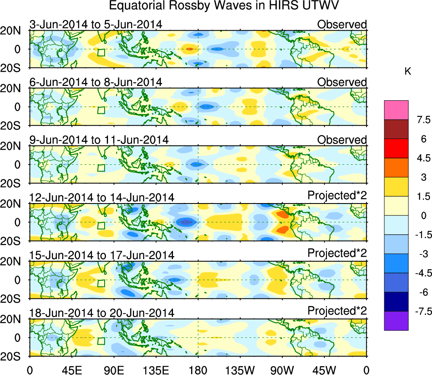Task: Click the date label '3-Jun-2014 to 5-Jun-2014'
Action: pyautogui.click(x=96, y=24)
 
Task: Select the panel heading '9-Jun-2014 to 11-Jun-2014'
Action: pyautogui.click(x=99, y=139)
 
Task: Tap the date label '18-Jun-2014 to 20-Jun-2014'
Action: pyautogui.click(x=102, y=313)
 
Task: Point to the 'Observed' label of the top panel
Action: pyautogui.click(x=342, y=24)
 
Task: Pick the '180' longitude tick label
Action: pyautogui.click(x=198, y=370)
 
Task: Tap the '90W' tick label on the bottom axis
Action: pyautogui.click(x=282, y=370)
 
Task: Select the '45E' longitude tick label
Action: pyautogui.click(x=72, y=370)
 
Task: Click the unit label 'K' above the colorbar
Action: pyautogui.click(x=408, y=72)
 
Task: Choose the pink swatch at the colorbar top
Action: pyautogui.click(x=396, y=110)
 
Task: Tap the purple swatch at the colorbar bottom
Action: pyautogui.click(x=396, y=321)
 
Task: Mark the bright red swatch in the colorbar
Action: pyautogui.click(x=396, y=148)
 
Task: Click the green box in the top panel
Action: pyautogui.click(x=101, y=52)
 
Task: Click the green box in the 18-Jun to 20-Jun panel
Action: pyautogui.click(x=101, y=341)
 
